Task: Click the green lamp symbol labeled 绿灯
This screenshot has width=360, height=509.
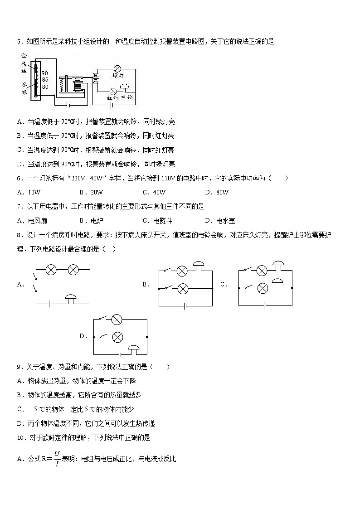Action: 117,69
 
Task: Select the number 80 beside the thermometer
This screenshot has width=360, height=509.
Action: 44,87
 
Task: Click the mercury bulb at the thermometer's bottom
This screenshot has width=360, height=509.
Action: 34,95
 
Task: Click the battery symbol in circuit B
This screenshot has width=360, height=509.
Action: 185,306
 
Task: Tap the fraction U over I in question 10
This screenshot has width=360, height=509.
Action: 57,458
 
